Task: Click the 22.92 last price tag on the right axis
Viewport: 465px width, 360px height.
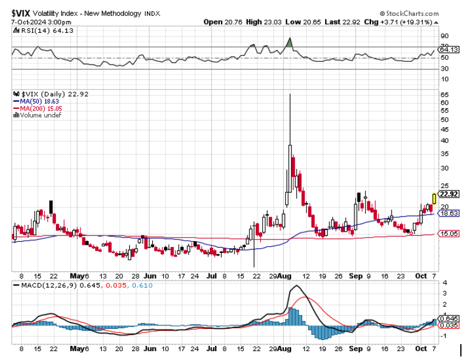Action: pos(449,194)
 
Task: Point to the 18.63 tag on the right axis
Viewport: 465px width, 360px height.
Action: pos(449,214)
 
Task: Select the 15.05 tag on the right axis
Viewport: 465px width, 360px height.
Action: pos(449,234)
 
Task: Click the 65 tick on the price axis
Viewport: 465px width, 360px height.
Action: pos(444,94)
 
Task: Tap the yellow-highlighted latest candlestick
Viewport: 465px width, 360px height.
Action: pos(434,198)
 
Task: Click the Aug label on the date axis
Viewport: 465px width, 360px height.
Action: pos(285,275)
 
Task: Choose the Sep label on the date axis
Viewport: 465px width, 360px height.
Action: pos(356,275)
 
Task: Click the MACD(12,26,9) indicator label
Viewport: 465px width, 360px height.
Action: pos(44,286)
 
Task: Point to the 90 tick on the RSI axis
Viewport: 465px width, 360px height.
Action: pos(444,35)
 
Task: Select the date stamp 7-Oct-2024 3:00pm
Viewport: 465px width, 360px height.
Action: pos(41,22)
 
